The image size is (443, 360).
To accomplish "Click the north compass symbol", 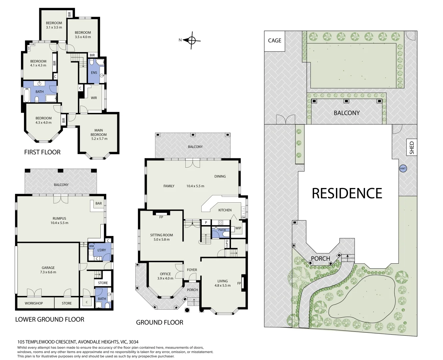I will tap(192, 40).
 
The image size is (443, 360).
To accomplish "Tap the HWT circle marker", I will tap(403, 169).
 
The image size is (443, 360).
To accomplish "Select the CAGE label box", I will tap(275, 41).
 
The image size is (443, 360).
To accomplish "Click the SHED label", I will tap(412, 148).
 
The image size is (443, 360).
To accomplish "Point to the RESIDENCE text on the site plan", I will tap(347, 193).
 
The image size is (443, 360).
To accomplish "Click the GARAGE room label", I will tap(48, 268).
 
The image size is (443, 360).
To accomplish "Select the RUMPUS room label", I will tap(59, 218).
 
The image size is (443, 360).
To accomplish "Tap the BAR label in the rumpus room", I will tap(99, 203).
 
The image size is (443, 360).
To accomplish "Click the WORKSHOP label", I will tap(34, 303).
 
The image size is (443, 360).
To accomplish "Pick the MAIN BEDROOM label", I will tap(99, 132).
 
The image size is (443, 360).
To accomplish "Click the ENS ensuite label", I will tap(94, 73).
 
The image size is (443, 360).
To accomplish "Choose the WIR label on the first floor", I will tap(94, 98).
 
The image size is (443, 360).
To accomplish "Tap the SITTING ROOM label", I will tap(161, 235).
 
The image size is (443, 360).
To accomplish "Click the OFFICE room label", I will tap(165, 274).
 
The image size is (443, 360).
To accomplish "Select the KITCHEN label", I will tap(225, 210).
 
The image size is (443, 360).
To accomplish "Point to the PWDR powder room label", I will tap(222, 230).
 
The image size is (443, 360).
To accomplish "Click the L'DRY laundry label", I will tap(102, 250).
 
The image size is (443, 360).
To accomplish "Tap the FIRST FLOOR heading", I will tap(42, 152).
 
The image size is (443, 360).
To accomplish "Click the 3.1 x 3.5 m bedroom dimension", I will tap(54, 27).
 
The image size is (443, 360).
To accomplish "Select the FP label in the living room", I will tap(239, 283).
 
